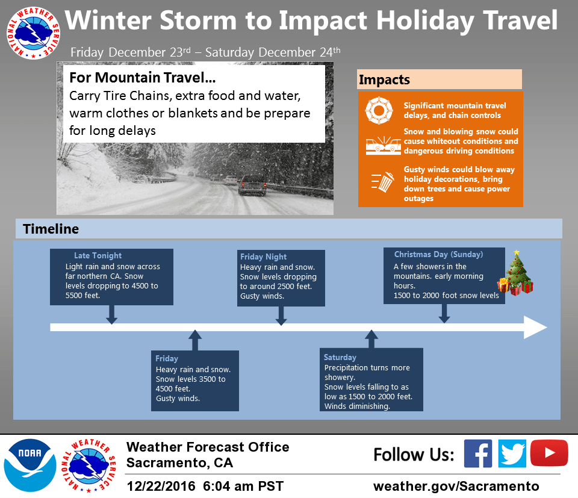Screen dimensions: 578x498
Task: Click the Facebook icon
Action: pos(477,453)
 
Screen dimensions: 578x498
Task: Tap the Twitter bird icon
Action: pos(512,453)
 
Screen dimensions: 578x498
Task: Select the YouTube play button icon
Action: pos(549,453)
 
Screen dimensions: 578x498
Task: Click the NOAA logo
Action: pos(30,465)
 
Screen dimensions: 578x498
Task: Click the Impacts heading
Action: pos(384,79)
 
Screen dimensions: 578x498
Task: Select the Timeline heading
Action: pos(51,229)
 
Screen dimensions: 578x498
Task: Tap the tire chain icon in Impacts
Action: pos(379,110)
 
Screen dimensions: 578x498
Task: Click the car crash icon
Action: pos(384,145)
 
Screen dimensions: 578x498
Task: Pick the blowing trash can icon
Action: pos(383,182)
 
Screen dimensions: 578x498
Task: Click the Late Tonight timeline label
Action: pos(98,255)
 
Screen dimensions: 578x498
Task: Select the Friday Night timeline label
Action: pos(263,257)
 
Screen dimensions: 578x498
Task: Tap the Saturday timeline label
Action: pos(340,357)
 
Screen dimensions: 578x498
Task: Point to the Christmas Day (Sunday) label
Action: pos(439,254)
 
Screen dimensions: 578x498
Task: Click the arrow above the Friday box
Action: pos(195,340)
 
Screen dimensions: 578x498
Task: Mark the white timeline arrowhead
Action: pos(535,328)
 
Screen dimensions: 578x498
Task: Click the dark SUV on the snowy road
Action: pos(252,185)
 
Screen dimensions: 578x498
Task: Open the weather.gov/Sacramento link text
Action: pos(456,486)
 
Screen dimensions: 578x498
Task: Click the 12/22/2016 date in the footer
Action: pos(161,486)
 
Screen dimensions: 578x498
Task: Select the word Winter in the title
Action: pos(108,20)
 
